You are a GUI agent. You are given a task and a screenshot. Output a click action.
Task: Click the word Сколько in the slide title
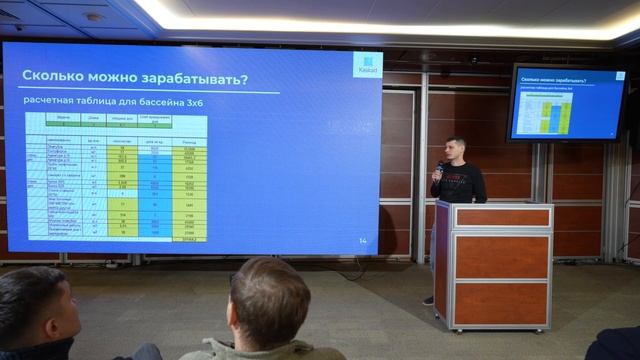(55, 77)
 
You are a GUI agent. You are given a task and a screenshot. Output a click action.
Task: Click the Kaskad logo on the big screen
(367, 65)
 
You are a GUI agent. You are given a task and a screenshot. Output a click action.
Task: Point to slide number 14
(362, 241)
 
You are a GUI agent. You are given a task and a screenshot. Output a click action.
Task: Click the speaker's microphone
(440, 167)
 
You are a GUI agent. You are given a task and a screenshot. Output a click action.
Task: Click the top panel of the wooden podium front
(502, 217)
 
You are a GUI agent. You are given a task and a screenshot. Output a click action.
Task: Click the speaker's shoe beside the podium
(428, 299)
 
